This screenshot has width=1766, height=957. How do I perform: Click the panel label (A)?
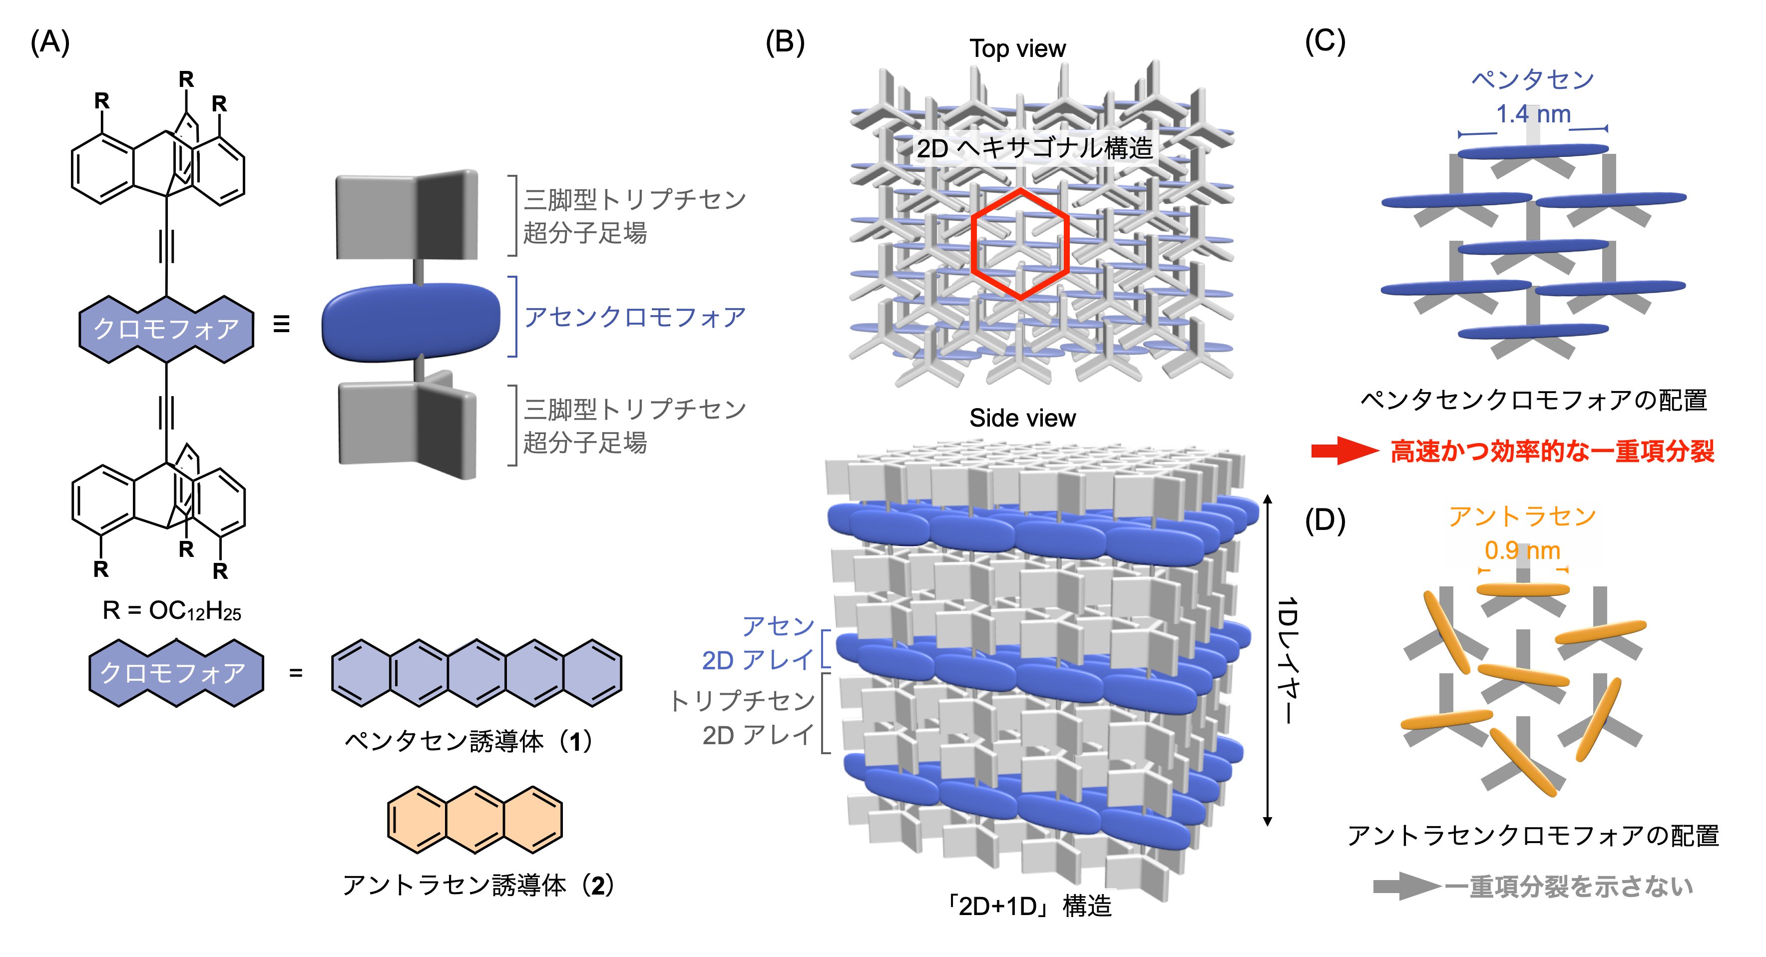click(50, 42)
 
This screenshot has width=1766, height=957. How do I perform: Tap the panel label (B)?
click(784, 42)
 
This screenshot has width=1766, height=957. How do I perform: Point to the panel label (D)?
click(1324, 520)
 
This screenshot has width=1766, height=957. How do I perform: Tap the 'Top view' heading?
click(1017, 49)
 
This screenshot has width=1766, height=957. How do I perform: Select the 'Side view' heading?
click(1022, 418)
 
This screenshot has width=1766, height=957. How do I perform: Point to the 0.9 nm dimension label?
click(1522, 550)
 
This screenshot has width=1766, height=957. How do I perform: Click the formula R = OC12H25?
click(171, 610)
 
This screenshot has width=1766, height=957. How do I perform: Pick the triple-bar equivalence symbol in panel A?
click(281, 324)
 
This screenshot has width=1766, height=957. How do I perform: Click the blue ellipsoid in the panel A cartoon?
click(412, 322)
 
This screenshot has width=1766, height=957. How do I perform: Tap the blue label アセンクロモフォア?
click(634, 317)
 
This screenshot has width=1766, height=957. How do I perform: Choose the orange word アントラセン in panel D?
click(1522, 516)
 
